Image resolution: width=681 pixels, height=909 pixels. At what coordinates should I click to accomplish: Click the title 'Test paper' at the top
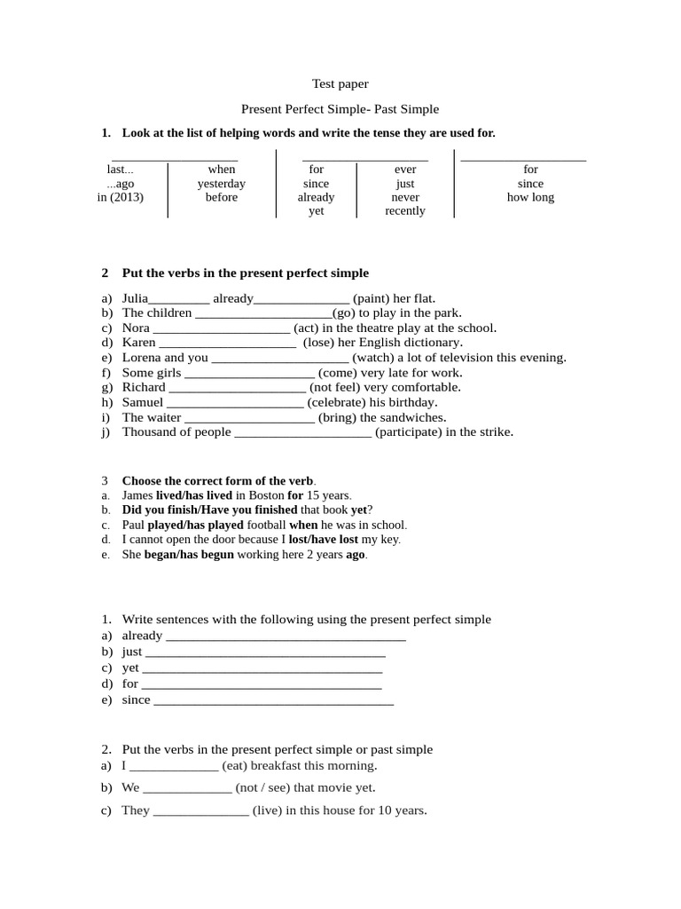coord(340,84)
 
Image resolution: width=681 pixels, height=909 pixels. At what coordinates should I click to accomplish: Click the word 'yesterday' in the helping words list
coord(222,184)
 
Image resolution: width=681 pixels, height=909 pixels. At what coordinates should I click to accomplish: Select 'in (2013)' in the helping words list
coord(121,197)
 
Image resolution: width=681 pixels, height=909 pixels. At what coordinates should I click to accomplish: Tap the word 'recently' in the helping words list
coord(405,211)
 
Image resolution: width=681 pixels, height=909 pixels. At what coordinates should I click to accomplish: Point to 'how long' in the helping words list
coord(530,197)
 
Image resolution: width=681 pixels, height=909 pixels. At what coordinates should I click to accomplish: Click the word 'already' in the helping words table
coord(316,197)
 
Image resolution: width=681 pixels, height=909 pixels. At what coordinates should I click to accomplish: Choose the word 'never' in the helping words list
coord(405,197)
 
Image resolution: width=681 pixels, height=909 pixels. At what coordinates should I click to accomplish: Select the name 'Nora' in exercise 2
coord(136,328)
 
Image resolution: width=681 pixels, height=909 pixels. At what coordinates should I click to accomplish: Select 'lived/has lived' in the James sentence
coord(194,495)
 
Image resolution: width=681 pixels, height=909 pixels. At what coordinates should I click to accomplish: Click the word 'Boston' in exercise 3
coord(266,495)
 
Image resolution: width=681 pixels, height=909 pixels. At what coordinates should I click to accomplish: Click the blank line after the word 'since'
coord(274,701)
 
